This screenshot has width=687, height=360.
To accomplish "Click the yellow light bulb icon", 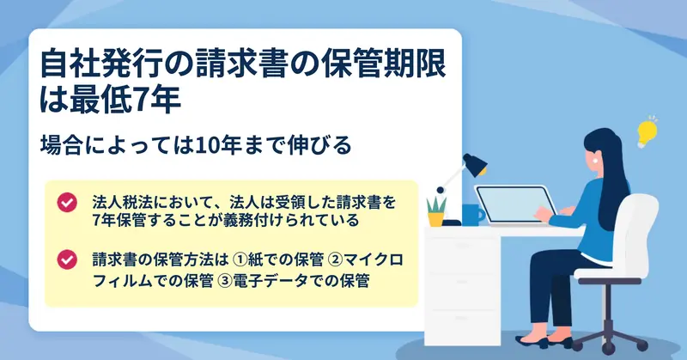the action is (647, 132).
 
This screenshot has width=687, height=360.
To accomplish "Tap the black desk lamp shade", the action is (475, 165).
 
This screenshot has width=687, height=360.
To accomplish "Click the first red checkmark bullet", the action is (67, 203).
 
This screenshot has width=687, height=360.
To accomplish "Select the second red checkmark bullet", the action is (67, 259).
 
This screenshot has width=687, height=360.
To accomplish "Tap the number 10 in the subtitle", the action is (207, 145).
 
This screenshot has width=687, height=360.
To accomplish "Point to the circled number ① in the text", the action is (240, 260).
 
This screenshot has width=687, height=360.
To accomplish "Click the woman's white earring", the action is (595, 161).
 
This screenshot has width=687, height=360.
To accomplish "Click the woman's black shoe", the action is (532, 341).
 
